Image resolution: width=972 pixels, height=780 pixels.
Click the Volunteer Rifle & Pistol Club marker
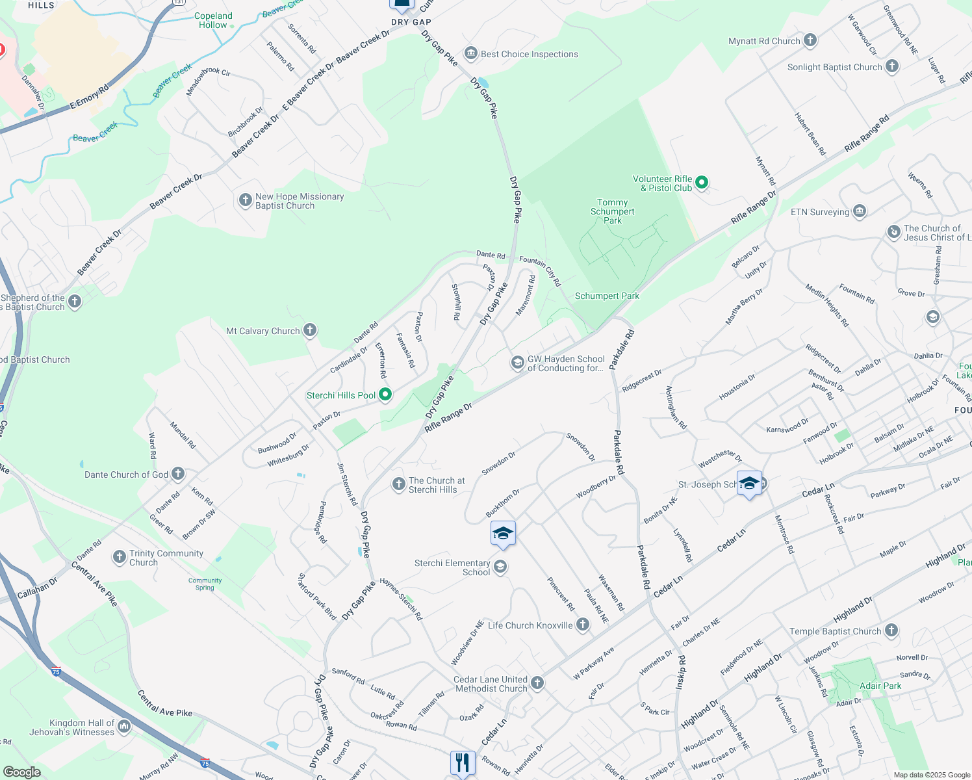[701, 183]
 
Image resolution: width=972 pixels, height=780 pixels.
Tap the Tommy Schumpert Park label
[612, 212]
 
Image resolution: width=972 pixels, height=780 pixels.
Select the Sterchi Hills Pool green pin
[385, 394]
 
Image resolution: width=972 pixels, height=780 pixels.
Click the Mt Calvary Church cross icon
[310, 330]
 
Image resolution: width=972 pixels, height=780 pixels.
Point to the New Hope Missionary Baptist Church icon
[245, 200]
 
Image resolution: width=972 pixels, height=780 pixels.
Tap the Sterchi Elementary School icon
[500, 567]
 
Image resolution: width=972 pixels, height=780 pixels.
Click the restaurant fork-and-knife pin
[463, 762]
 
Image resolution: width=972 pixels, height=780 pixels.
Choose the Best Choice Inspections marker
[470, 53]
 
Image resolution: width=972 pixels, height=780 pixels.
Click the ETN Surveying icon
[860, 211]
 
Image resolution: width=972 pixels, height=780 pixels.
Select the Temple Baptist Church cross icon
[891, 630]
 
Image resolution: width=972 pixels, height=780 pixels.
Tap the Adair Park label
[880, 686]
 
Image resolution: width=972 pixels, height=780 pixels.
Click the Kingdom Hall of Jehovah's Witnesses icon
[124, 726]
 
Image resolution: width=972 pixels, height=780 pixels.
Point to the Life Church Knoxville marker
[583, 625]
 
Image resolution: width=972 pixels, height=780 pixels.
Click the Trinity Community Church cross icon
[119, 556]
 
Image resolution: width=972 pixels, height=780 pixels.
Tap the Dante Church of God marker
[178, 474]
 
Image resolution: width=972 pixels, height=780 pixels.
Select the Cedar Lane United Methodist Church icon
[537, 682]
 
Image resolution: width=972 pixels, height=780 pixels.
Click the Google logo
[21, 772]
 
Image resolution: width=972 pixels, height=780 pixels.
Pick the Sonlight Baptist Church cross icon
[892, 66]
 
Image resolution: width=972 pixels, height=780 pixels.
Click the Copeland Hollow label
[214, 20]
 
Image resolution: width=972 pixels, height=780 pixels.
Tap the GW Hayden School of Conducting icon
[517, 362]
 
